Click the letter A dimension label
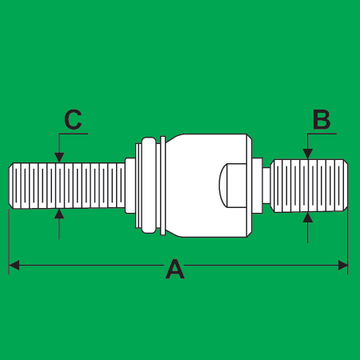coord(175,269)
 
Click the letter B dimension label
coord(322,119)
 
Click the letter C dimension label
coord(73,119)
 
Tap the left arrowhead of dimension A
coord(14,266)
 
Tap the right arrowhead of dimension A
coord(343,266)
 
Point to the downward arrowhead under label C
coord(59,158)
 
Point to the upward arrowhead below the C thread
coord(59,214)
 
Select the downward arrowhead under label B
coord(308,154)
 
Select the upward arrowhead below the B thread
coord(308,218)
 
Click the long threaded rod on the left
coord(67,186)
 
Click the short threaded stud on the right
coord(310,186)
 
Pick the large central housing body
coord(209,186)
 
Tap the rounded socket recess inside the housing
coord(232,186)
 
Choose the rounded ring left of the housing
coord(149,186)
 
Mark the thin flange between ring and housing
coord(162,186)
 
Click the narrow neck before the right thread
coord(266,186)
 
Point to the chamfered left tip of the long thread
coord(11,186)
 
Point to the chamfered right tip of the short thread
coord(346,186)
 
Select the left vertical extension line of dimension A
coord(9,242)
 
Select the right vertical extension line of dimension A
coord(348,242)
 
